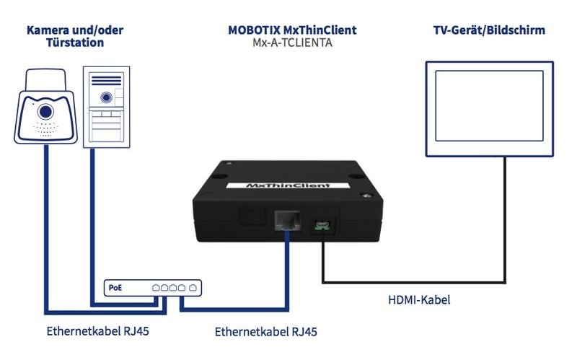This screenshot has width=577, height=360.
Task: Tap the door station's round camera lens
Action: [107, 97]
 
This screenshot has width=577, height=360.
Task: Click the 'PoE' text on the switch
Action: [115, 287]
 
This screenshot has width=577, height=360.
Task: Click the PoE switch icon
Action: [153, 287]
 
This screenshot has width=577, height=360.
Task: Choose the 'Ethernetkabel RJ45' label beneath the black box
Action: [266, 332]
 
